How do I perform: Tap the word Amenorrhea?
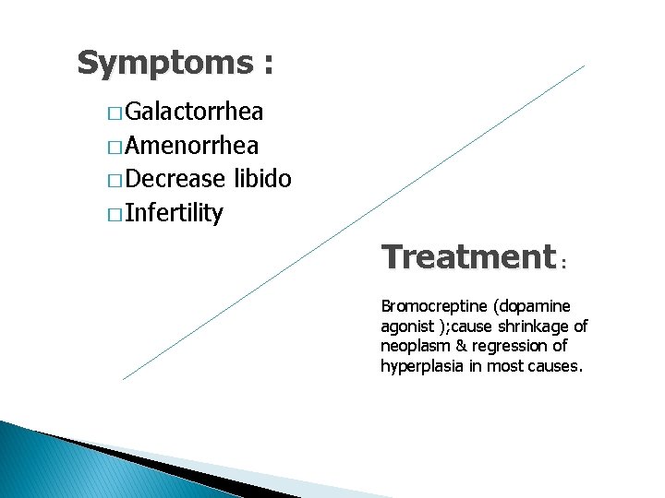click(191, 146)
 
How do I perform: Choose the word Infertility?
click(174, 214)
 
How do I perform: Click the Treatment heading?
click(466, 256)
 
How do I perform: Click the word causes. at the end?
click(558, 366)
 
